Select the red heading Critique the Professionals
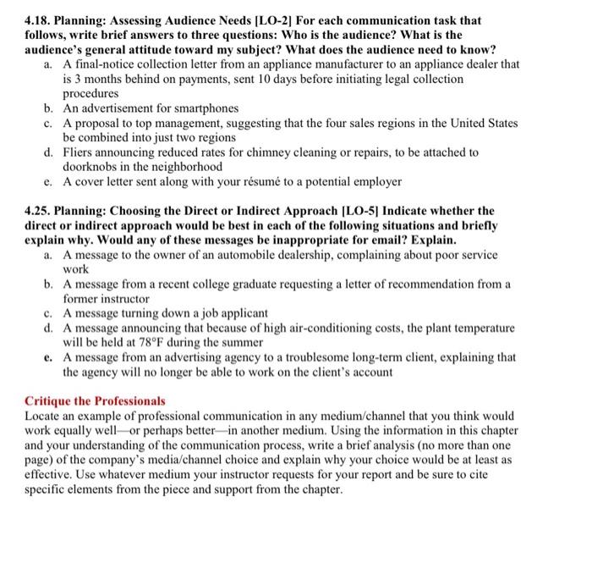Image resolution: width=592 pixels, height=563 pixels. pos(95,400)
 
